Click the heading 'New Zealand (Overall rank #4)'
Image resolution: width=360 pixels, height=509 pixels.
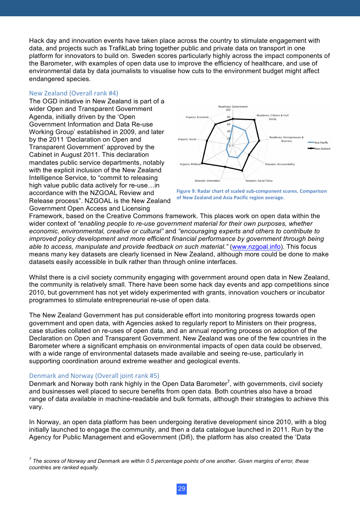(74, 93)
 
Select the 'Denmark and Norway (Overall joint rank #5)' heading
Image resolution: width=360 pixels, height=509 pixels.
(94, 376)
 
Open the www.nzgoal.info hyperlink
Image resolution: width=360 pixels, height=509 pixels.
(256, 247)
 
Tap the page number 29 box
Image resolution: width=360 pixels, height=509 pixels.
(182, 489)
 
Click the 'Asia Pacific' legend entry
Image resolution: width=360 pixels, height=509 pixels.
(321, 143)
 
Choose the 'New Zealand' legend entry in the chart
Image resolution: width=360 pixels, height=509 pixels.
(322, 149)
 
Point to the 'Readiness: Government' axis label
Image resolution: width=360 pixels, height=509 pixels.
(233, 106)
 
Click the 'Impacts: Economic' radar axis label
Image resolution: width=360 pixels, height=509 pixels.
(197, 117)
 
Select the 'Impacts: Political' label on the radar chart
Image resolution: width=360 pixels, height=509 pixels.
(190, 164)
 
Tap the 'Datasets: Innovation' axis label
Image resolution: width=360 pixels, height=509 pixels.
(207, 181)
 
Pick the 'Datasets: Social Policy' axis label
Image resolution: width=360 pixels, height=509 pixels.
(259, 181)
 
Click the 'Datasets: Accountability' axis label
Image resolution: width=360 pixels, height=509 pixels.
(280, 164)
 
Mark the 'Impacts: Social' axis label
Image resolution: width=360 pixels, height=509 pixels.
(187, 139)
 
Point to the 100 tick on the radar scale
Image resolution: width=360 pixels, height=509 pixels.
(228, 110)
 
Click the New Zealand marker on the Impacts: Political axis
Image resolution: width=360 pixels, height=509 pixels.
(202, 164)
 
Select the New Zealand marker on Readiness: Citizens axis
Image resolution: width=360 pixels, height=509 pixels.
(254, 120)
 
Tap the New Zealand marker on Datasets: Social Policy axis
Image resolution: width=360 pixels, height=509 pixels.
(242, 171)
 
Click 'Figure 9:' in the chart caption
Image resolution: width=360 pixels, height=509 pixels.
(186, 191)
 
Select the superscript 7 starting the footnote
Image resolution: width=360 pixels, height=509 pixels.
(30, 459)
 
